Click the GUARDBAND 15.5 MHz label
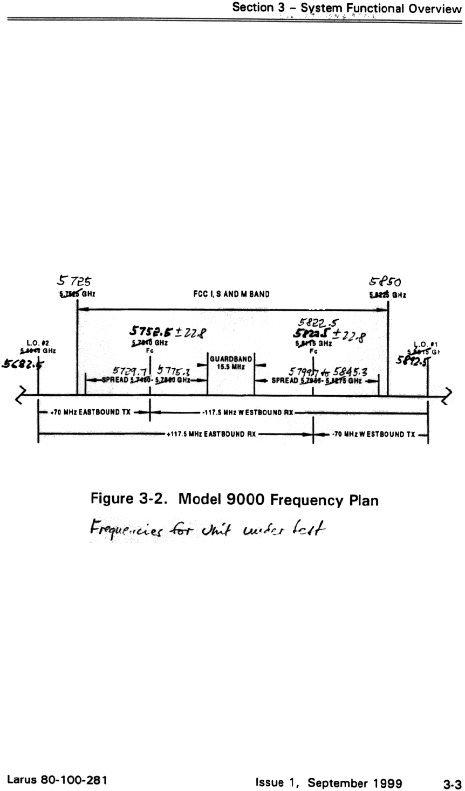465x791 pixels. pyautogui.click(x=231, y=361)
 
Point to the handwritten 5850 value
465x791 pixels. pyautogui.click(x=384, y=281)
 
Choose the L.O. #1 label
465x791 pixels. pyautogui.click(x=421, y=343)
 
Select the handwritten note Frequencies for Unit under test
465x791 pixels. pyautogui.click(x=203, y=524)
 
